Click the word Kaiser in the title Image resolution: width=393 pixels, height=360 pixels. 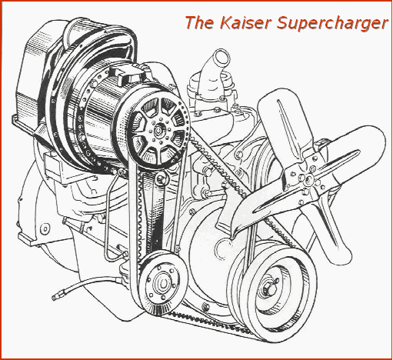pyautogui.click(x=245, y=22)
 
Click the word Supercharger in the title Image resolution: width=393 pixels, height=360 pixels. pyautogui.click(x=332, y=24)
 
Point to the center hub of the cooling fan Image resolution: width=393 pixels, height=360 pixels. pyautogui.click(x=307, y=178)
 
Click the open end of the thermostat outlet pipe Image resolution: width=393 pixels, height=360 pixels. pyautogui.click(x=221, y=57)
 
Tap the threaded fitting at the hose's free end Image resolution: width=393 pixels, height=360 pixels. pyautogui.click(x=56, y=297)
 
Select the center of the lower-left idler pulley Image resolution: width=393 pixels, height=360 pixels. pyautogui.click(x=162, y=283)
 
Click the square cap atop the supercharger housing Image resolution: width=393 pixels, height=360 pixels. pyautogui.click(x=128, y=75)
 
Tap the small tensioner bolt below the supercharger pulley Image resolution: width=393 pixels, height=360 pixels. pyautogui.click(x=161, y=178)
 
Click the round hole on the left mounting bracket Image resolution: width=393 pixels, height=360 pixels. pyautogui.click(x=45, y=229)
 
